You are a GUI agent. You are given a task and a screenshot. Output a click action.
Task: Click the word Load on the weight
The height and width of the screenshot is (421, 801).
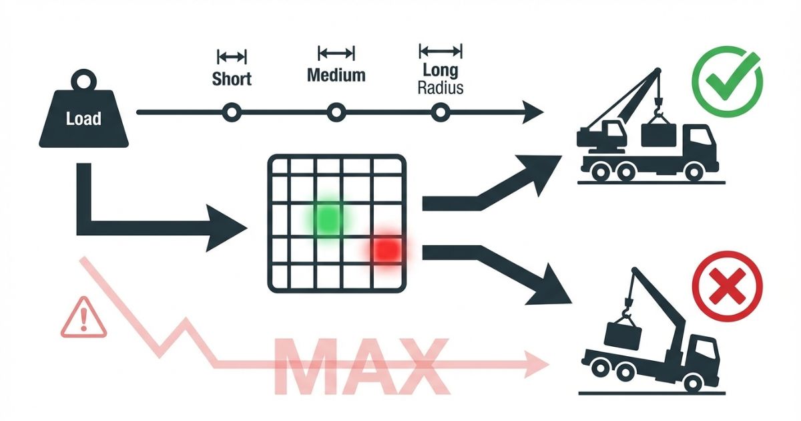pyautogui.click(x=84, y=119)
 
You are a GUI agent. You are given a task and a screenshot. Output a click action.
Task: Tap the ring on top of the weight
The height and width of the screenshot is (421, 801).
pyautogui.click(x=83, y=82)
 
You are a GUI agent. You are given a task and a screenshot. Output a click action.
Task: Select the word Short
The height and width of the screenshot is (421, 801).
pyautogui.click(x=232, y=78)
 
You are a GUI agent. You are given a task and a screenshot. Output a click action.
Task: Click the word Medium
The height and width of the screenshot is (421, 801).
pyautogui.click(x=336, y=74)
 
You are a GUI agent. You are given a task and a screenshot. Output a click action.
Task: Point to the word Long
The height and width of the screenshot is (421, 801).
pyautogui.click(x=440, y=71)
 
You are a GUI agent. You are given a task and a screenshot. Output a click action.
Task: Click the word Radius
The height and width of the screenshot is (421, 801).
pyautogui.click(x=440, y=88)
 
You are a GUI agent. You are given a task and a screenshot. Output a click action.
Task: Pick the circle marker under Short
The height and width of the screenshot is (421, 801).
pyautogui.click(x=232, y=113)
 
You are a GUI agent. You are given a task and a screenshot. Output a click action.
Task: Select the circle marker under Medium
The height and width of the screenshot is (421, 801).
pyautogui.click(x=336, y=113)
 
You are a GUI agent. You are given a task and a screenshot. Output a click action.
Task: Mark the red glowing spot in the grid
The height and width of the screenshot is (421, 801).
pyautogui.click(x=387, y=249)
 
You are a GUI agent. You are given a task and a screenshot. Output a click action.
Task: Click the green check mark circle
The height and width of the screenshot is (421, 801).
pyautogui.click(x=727, y=82)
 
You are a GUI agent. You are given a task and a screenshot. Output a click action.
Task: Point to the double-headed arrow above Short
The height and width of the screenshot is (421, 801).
pyautogui.click(x=232, y=57)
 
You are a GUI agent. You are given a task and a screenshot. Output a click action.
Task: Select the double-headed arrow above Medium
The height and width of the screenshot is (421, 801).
pyautogui.click(x=336, y=53)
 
